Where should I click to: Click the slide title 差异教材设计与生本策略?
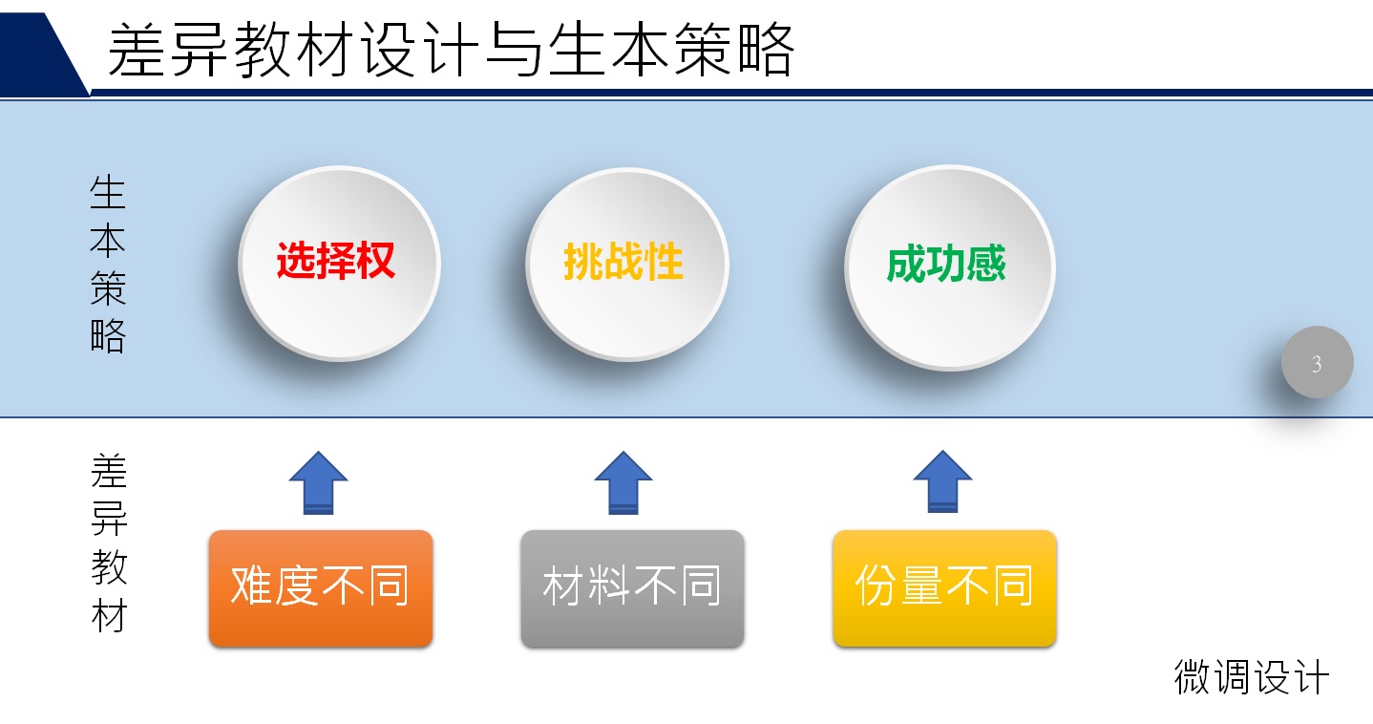451,50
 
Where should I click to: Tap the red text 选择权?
336,261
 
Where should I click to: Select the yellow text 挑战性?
623,261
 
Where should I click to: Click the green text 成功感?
946,265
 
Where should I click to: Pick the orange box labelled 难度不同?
320,587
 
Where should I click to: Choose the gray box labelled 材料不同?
632,587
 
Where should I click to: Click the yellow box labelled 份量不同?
944,587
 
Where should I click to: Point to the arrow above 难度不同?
318,482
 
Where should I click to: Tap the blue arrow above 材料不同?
623,482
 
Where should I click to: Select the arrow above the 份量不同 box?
942,482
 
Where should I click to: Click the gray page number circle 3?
1317,363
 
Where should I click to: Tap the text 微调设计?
1251,678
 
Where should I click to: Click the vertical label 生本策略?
108,264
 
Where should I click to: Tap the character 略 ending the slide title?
764,50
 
